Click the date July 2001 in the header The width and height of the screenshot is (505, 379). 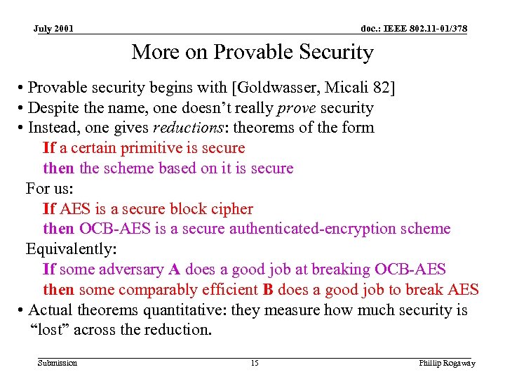54,29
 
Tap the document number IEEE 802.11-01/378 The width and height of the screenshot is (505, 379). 414,29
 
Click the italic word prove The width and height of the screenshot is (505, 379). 295,108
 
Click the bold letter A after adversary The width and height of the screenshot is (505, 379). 175,270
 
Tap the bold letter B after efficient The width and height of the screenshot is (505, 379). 267,290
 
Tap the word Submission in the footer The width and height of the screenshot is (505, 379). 58,363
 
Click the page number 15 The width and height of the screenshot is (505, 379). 254,363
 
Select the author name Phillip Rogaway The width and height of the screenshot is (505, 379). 447,363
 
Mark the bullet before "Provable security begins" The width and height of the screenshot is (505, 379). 22,88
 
